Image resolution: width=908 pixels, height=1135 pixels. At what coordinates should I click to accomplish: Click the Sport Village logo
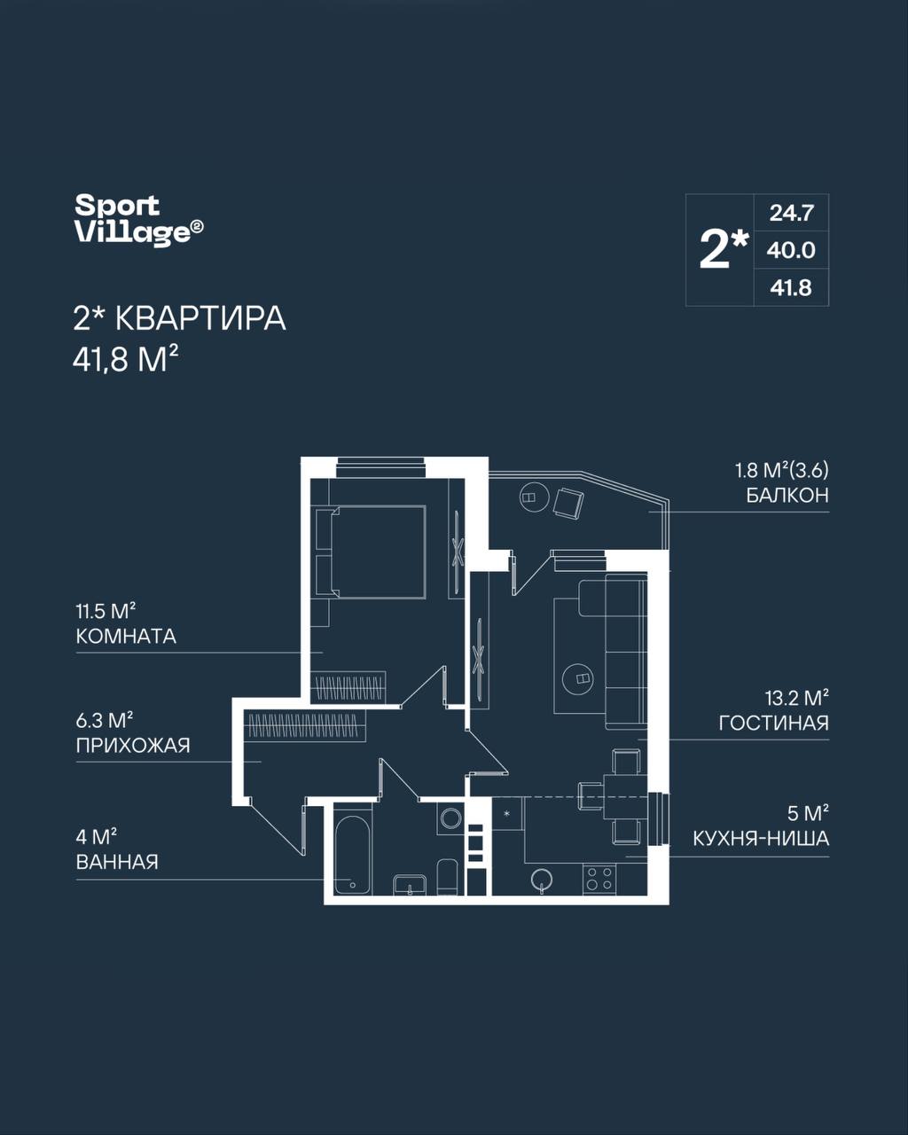(139, 220)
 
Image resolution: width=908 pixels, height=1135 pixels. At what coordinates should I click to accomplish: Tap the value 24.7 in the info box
(792, 213)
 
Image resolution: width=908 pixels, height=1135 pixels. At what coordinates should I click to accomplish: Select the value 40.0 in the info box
(792, 251)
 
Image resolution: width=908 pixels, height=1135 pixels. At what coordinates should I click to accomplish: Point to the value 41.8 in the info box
(791, 288)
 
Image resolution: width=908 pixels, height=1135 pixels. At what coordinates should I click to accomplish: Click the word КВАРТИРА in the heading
(201, 319)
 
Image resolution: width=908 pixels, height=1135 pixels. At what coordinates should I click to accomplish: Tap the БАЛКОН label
(787, 496)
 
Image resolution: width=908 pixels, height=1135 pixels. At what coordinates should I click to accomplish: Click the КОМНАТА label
(126, 637)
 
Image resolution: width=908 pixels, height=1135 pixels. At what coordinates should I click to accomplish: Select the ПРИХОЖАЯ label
(133, 746)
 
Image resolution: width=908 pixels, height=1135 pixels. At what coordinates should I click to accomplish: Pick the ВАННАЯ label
(117, 862)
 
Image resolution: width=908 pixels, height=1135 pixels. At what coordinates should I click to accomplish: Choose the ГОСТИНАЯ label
(774, 723)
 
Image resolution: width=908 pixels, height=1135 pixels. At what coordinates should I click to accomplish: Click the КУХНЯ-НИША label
(761, 839)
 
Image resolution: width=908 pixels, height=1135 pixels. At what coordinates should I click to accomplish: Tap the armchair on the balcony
(568, 503)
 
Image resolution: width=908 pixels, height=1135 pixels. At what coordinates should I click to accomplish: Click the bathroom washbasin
(410, 882)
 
